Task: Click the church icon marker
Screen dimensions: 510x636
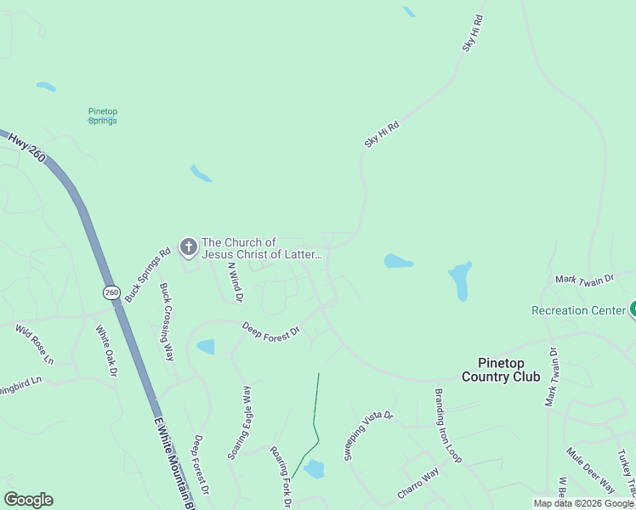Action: point(188,247)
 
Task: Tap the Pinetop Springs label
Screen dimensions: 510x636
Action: point(102,116)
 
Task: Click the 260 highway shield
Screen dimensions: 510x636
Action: point(112,292)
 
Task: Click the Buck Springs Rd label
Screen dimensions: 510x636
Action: point(148,272)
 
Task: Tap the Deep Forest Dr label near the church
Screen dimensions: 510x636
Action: point(271,330)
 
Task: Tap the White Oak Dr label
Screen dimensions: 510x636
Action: point(105,350)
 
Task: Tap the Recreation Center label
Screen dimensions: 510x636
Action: point(578,310)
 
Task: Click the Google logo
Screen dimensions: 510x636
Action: point(28,500)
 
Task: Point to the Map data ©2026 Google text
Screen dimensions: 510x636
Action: point(582,503)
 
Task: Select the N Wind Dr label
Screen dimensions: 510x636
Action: point(235,282)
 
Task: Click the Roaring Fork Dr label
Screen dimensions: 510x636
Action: point(281,478)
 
